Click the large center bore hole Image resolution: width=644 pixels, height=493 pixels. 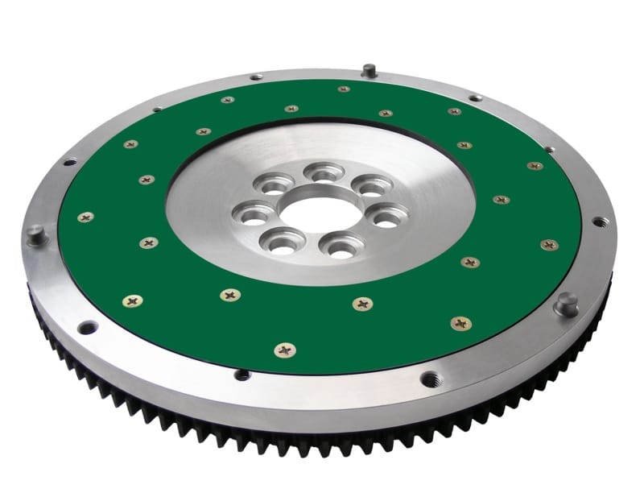[311, 213]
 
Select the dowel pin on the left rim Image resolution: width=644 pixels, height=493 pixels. [35, 234]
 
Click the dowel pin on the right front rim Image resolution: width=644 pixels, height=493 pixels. [566, 304]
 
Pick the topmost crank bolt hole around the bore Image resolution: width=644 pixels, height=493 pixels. [324, 172]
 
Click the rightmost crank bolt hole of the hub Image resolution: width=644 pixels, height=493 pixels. [389, 217]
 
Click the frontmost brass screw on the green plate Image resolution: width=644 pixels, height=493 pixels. [284, 350]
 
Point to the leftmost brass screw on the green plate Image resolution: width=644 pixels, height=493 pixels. [85, 217]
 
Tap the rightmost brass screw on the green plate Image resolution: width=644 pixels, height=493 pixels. [549, 244]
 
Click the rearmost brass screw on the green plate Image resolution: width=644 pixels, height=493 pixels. [344, 89]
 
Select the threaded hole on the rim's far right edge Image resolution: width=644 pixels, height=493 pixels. [599, 220]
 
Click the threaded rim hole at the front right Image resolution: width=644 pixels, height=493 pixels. [431, 378]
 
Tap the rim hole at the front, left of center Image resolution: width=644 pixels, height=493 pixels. [242, 375]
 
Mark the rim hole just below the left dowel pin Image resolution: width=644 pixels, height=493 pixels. [87, 326]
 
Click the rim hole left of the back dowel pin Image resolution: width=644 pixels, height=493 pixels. [256, 77]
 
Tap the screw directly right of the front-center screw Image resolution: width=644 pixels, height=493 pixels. [362, 304]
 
